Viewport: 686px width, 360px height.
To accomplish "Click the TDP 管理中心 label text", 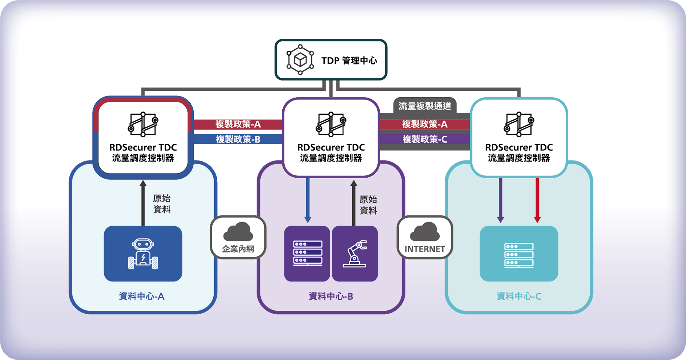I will (x=349, y=60).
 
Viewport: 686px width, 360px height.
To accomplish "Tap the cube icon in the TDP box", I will (x=300, y=60).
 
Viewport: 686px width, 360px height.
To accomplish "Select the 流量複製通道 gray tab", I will (x=425, y=106).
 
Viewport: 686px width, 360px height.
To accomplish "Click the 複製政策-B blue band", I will (x=238, y=139).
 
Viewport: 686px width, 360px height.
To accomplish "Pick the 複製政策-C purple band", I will (x=425, y=139).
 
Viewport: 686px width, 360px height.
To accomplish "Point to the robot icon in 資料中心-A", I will (x=143, y=254).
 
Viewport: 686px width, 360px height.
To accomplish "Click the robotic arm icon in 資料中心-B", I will (x=355, y=254).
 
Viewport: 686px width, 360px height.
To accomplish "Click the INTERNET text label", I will (x=425, y=249).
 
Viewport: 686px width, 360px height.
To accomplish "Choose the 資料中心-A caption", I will (x=141, y=296).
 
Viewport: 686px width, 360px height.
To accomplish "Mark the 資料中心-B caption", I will (x=331, y=296).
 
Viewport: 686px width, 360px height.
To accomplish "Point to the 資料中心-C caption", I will (x=519, y=296).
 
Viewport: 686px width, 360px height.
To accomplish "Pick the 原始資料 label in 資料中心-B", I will (x=368, y=205).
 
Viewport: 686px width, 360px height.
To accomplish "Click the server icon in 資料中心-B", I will (x=308, y=254).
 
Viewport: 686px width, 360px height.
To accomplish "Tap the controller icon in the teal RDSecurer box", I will (x=519, y=124).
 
